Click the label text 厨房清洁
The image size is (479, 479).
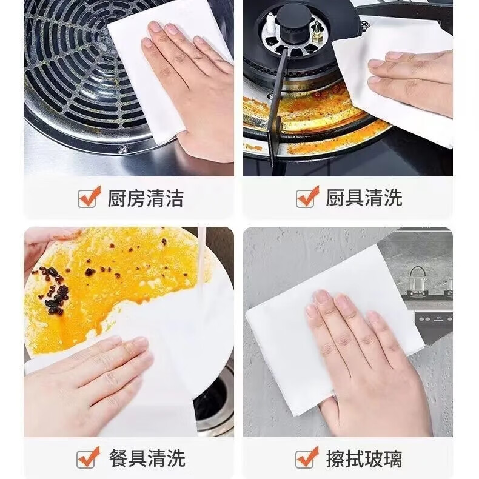pyautogui.click(x=146, y=198)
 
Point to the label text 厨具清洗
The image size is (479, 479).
pyautogui.click(x=364, y=198)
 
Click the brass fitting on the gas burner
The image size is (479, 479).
pyautogui.click(x=316, y=27)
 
